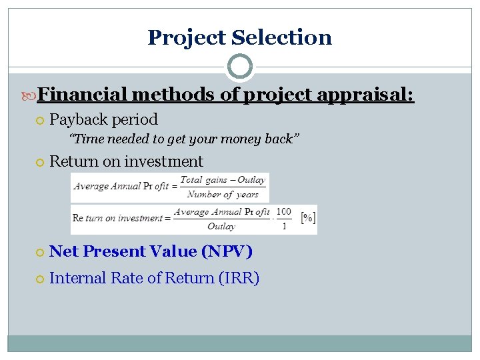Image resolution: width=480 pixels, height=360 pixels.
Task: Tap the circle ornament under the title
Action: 240,67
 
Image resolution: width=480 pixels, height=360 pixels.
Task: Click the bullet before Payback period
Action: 40,121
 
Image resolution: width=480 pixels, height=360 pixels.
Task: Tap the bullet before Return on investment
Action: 40,162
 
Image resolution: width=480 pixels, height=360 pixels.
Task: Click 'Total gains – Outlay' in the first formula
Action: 223,179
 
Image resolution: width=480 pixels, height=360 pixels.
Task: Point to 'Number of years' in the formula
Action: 223,195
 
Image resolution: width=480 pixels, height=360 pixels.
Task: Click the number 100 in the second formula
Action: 283,212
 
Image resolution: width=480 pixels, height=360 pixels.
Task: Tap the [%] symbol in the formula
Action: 308,217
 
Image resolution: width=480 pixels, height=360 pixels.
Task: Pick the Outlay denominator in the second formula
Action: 221,227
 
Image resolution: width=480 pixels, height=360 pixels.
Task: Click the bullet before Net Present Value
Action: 40,252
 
